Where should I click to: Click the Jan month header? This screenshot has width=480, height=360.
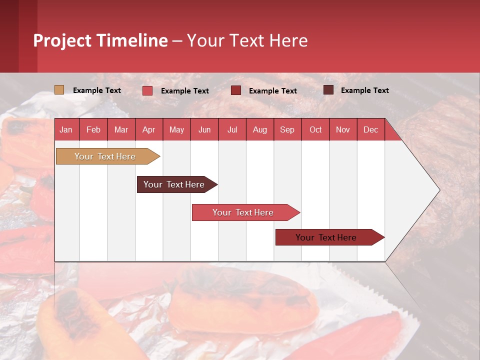click(x=66, y=129)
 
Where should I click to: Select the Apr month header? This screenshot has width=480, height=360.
click(x=148, y=129)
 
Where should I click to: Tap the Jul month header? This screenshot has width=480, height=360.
click(x=232, y=129)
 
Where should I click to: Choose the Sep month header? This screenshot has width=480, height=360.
click(x=287, y=129)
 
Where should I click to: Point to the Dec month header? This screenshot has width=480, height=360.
click(x=370, y=129)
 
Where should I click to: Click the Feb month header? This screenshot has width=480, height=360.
click(x=93, y=129)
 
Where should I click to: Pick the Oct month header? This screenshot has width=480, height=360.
click(x=315, y=129)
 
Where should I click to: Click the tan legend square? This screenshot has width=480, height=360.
click(x=59, y=90)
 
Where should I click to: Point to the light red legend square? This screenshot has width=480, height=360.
click(x=147, y=90)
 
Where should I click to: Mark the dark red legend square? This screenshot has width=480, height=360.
click(x=236, y=90)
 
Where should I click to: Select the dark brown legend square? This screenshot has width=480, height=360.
click(x=328, y=90)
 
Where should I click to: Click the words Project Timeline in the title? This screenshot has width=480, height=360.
click(x=100, y=40)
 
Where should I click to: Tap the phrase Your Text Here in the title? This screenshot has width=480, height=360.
click(x=247, y=40)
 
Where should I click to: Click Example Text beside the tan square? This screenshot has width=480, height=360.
click(x=97, y=90)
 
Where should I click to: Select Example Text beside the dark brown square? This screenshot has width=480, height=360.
click(x=364, y=90)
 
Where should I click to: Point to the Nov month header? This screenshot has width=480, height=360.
click(x=342, y=129)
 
